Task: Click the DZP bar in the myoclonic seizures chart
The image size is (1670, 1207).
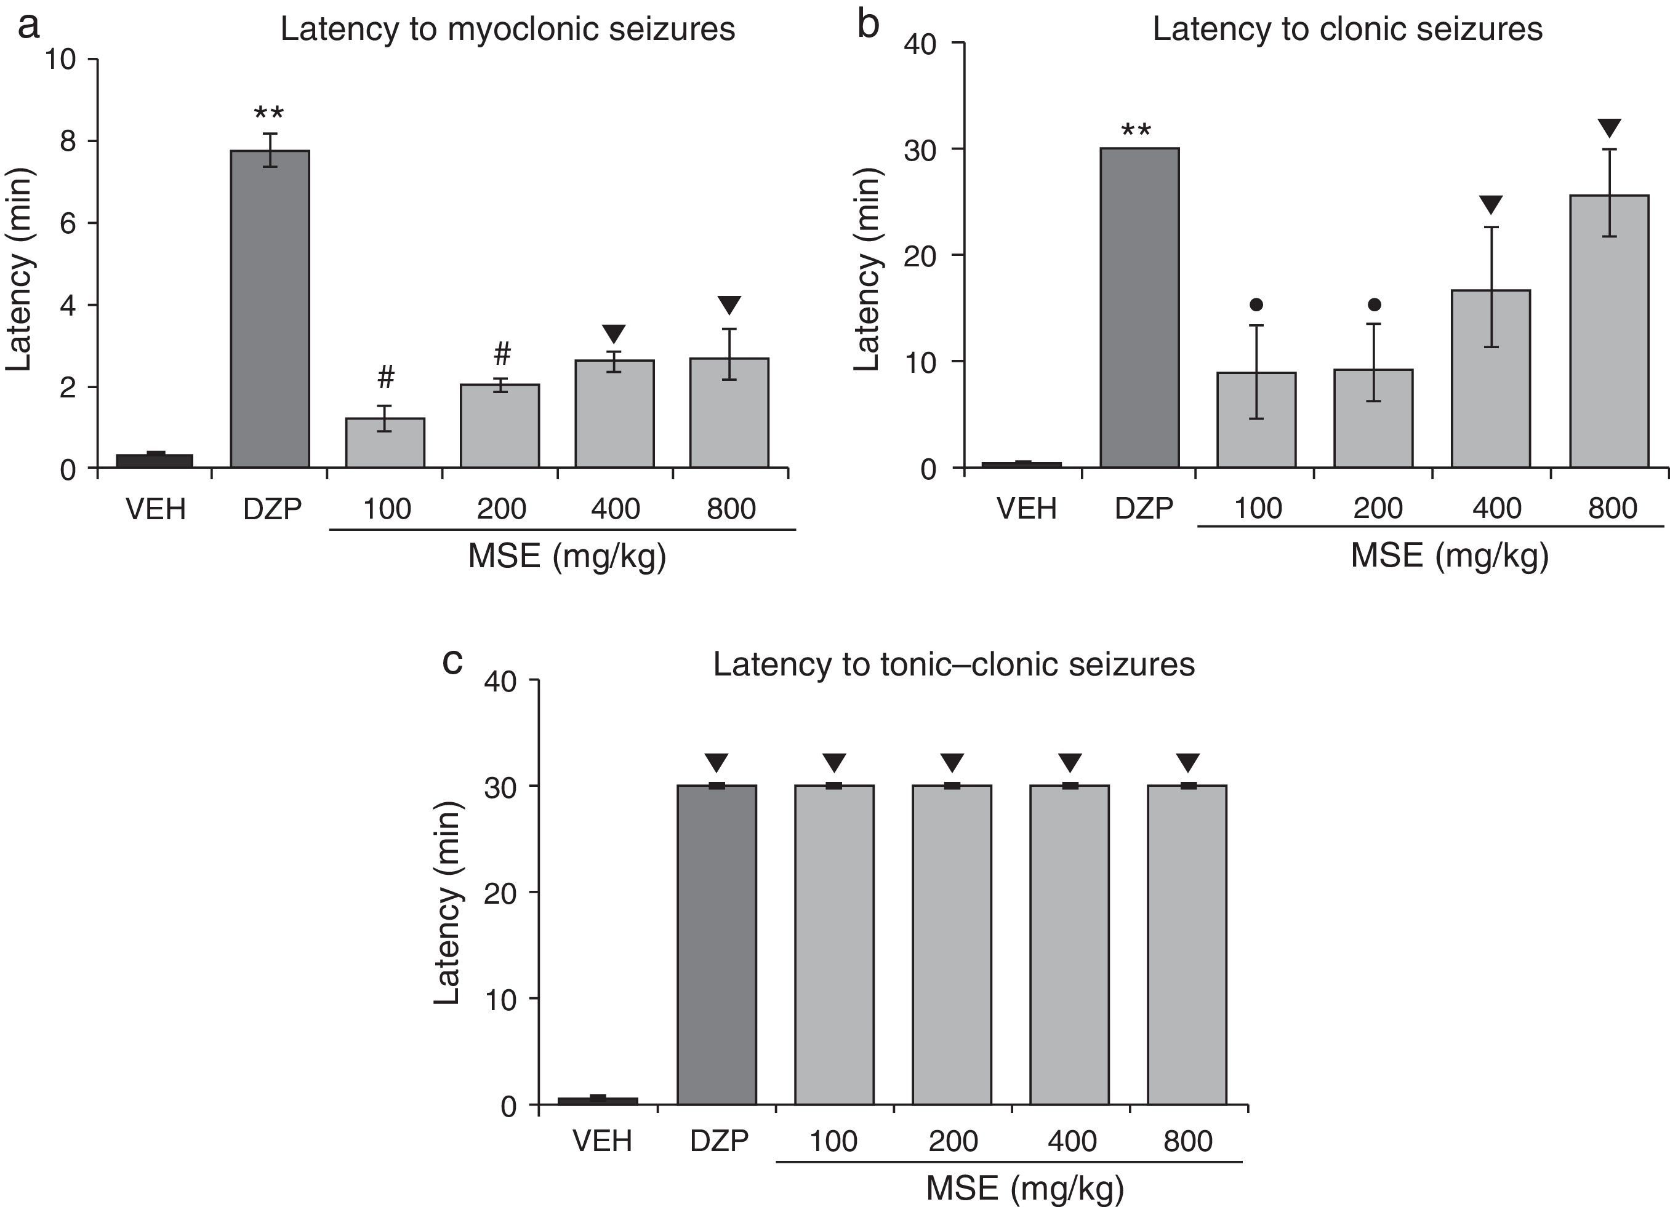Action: coord(270,309)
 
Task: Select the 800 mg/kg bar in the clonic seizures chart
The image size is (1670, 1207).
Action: coord(1609,331)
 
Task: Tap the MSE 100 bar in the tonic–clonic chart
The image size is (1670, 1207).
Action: coord(834,945)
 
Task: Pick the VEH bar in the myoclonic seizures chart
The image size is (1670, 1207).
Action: coord(155,461)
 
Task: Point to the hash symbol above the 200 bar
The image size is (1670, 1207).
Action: coord(502,354)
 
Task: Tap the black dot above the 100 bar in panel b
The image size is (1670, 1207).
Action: coord(1256,304)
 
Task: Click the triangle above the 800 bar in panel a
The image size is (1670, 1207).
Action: coord(729,305)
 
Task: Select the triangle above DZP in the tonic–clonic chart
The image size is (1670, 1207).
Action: coord(717,762)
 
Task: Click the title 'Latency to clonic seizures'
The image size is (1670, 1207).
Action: coord(1347,30)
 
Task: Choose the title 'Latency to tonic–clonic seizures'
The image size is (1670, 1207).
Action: coord(953,664)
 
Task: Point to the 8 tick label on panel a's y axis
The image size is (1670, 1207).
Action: coord(68,141)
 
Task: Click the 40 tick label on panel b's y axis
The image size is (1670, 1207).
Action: coord(920,44)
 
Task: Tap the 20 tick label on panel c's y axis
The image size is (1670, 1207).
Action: coord(500,893)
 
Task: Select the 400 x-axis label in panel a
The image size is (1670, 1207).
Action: coord(616,509)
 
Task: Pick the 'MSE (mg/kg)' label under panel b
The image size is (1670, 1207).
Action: coord(1449,556)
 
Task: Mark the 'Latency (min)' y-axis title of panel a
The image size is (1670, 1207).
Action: coord(19,269)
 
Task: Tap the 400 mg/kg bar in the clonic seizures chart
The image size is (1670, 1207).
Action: coord(1490,379)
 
